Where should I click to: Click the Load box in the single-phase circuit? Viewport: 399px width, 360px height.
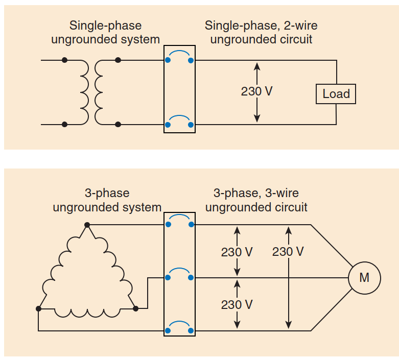tap(336, 94)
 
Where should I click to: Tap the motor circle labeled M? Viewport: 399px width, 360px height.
tap(364, 278)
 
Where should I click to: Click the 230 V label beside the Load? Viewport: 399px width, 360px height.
tap(256, 92)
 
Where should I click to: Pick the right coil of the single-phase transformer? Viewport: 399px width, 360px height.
tap(99, 92)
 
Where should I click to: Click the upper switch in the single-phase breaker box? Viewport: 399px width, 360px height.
tap(179, 57)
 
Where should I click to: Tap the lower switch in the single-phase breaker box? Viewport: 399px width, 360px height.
tap(179, 121)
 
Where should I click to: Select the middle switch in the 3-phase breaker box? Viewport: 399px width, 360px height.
tap(179, 274)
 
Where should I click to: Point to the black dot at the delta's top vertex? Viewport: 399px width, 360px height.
tap(87, 225)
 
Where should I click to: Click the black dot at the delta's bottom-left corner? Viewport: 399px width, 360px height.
tap(39, 308)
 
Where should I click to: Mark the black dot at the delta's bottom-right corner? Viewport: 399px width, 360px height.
tap(135, 308)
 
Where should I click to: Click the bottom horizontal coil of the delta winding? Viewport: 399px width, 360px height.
tap(87, 311)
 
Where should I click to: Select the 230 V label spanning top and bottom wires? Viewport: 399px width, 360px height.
tap(288, 251)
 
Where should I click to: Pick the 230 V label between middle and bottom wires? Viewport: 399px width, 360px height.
tap(237, 304)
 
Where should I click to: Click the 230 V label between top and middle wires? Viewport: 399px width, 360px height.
tap(237, 252)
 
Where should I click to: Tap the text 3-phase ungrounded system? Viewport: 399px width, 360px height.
tap(107, 201)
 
